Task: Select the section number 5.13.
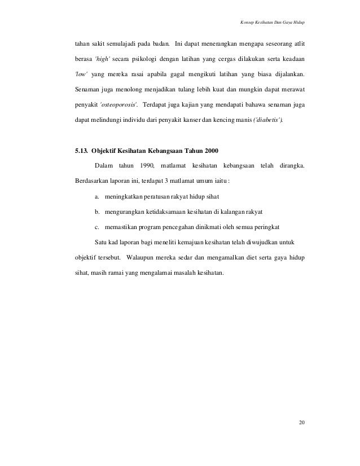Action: click(x=76, y=151)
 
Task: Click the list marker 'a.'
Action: click(x=97, y=196)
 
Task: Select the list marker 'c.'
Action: click(x=97, y=227)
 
